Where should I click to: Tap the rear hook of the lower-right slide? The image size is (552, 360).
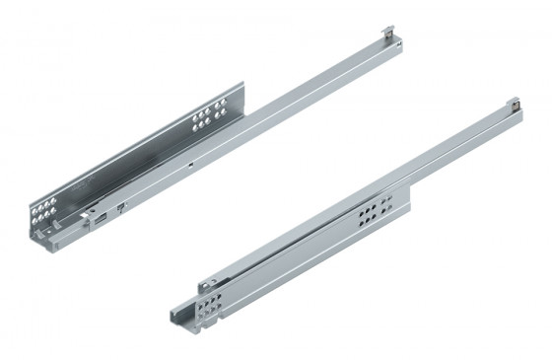[x=515, y=102]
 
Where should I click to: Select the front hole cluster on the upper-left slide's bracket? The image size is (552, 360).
[x=43, y=211]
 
